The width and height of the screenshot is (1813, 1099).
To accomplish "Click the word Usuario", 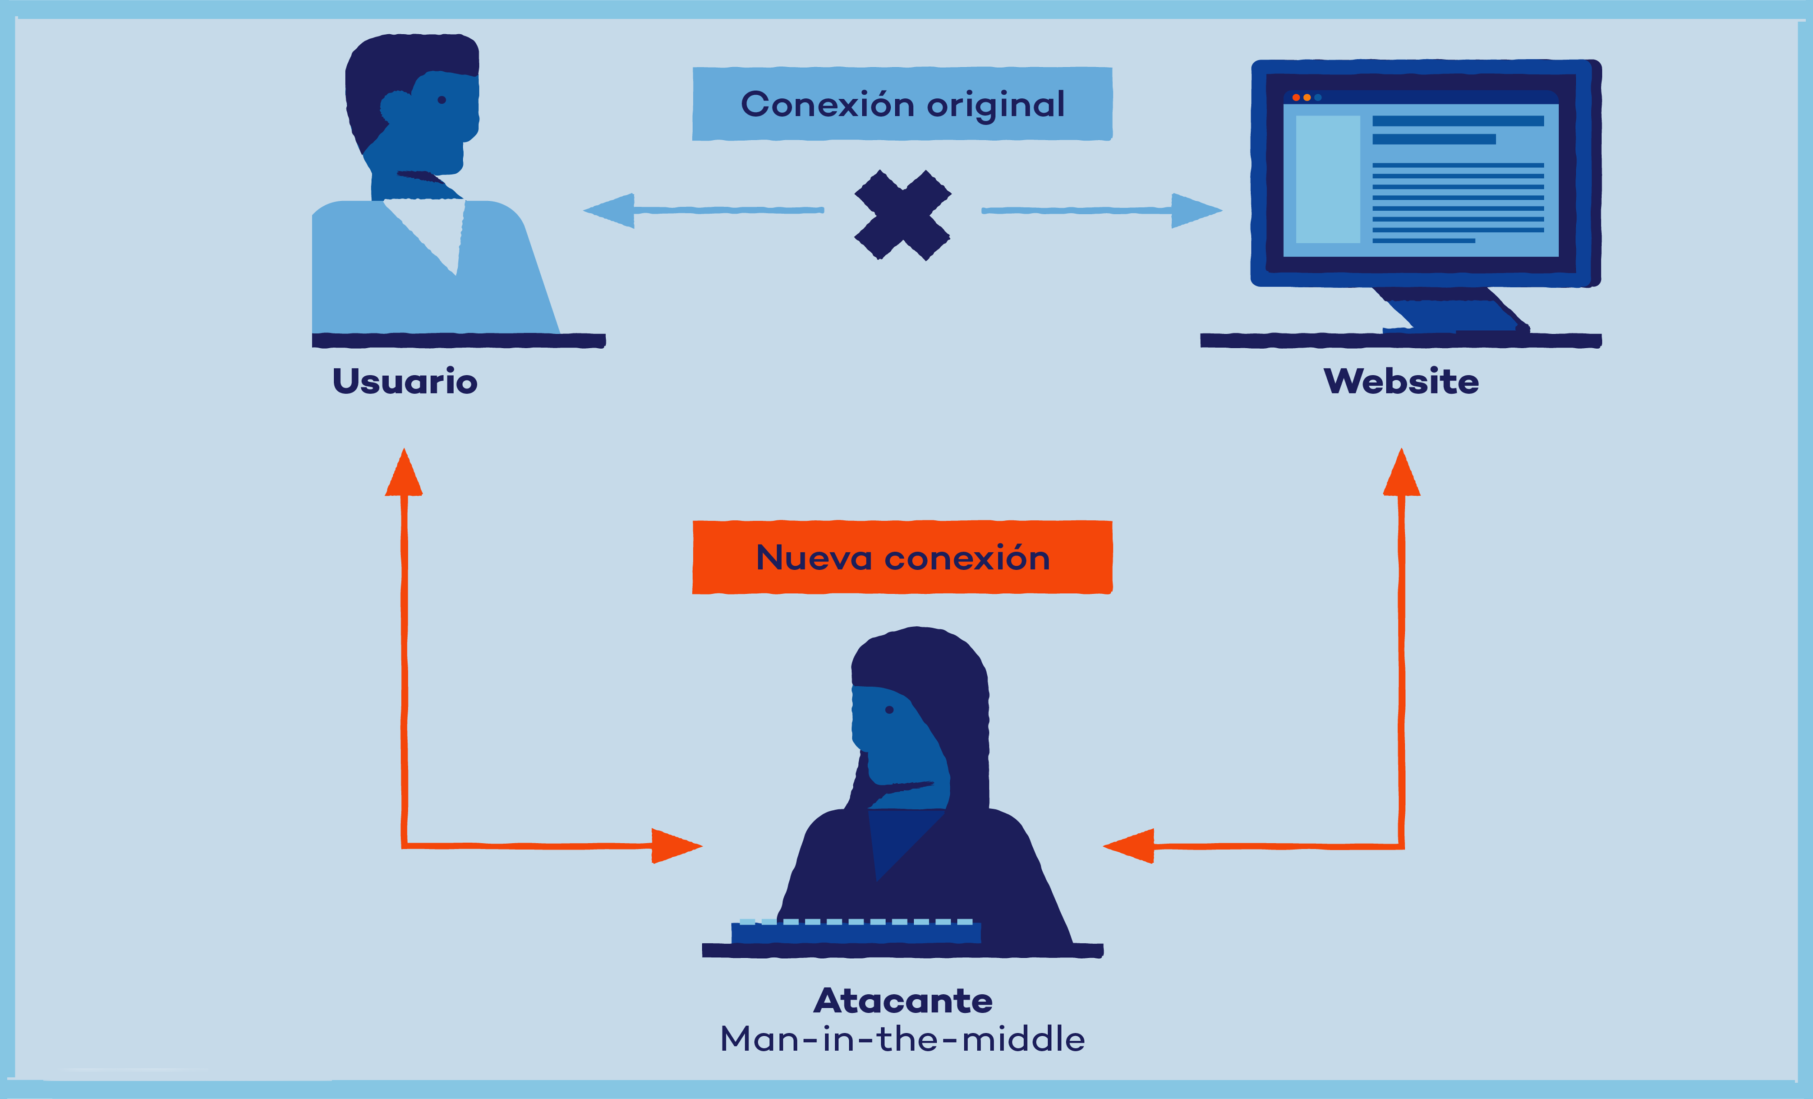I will (x=405, y=381).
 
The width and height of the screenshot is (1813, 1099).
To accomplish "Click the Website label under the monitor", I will (x=1401, y=381).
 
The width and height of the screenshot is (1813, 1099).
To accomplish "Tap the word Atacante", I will (x=903, y=1001).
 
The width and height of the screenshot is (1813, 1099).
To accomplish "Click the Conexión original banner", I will (x=902, y=104).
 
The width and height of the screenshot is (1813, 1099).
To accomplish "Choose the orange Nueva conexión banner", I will (x=902, y=557).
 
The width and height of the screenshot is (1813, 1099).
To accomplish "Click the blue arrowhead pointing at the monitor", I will (x=1196, y=211).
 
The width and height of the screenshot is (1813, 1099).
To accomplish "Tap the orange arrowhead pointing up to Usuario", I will (x=404, y=474).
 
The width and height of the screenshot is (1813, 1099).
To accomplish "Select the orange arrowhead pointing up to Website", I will (x=1402, y=474).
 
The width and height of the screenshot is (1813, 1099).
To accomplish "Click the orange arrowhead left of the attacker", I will (x=676, y=846).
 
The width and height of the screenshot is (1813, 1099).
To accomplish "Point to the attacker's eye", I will (x=889, y=710).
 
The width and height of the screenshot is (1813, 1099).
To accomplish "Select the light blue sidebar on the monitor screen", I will (x=1327, y=179).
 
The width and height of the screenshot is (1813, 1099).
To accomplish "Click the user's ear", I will (x=395, y=107).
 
